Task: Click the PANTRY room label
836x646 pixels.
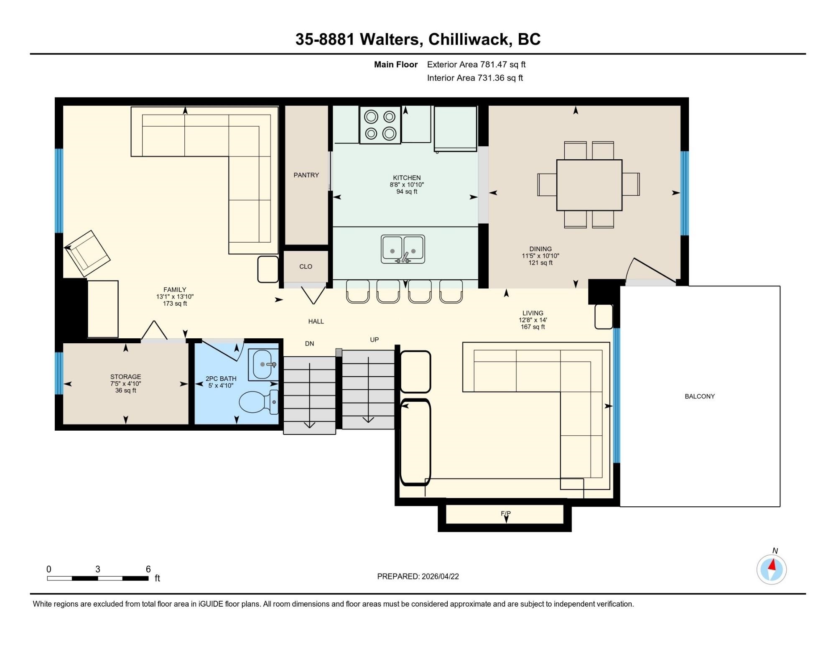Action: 306,175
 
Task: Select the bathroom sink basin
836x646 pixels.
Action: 263,365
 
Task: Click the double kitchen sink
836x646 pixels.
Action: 403,249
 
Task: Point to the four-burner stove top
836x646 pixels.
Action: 380,125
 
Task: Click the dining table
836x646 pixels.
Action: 589,185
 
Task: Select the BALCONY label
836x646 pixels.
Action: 700,396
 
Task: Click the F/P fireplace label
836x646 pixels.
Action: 506,513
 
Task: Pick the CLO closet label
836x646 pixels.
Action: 306,267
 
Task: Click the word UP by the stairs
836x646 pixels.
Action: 375,340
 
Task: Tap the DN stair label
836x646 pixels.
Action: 309,344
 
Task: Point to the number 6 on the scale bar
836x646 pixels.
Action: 148,569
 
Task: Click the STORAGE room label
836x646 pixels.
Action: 125,377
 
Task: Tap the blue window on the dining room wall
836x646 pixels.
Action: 684,193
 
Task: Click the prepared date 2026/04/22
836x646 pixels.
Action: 440,576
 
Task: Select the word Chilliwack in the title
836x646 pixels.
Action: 470,39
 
